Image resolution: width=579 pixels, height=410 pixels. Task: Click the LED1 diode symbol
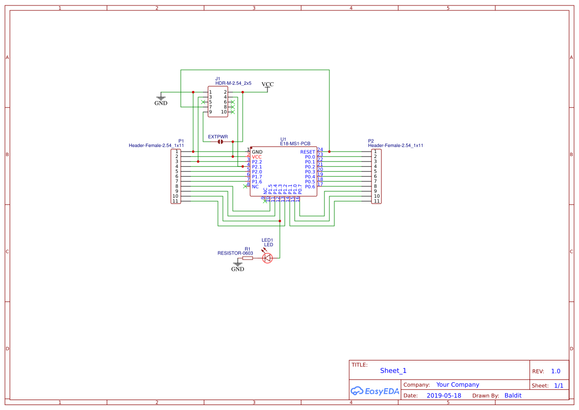point(267,257)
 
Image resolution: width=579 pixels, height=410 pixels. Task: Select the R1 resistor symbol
point(248,258)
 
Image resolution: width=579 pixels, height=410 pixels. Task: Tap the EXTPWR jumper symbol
point(220,142)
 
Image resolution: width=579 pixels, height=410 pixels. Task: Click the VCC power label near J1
point(267,85)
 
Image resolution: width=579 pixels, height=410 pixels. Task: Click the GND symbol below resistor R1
point(238,266)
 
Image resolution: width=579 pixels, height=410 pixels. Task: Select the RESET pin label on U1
point(307,152)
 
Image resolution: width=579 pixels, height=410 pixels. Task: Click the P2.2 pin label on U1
point(257,162)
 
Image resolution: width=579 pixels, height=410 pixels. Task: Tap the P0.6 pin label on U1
point(310,187)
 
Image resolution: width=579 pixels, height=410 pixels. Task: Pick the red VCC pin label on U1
point(257,157)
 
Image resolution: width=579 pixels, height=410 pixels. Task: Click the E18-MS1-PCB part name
point(295,144)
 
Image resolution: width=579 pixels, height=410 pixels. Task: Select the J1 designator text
point(217,79)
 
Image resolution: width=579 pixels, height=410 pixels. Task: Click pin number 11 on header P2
point(376,201)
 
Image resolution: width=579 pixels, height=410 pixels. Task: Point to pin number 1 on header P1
point(176,152)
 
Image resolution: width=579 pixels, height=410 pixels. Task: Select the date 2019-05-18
point(444,396)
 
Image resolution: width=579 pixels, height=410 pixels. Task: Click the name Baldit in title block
point(513,396)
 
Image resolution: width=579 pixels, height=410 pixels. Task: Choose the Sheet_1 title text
point(393,370)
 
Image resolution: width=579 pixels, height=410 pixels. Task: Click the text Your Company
point(458,385)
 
